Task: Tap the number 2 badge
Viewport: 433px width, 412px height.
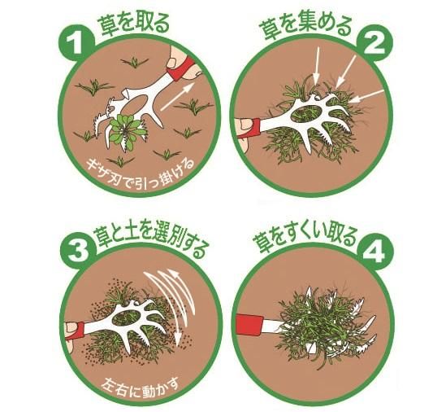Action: point(375,43)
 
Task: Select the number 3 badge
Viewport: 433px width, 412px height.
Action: point(78,251)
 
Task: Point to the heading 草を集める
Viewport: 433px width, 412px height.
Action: point(305,27)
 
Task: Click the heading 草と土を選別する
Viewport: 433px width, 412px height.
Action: point(151,239)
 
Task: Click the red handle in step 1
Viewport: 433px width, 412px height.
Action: point(180,69)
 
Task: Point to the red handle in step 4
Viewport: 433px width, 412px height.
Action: point(249,323)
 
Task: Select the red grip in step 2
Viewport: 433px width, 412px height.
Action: point(252,128)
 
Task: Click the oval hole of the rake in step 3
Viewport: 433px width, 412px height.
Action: point(128,318)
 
